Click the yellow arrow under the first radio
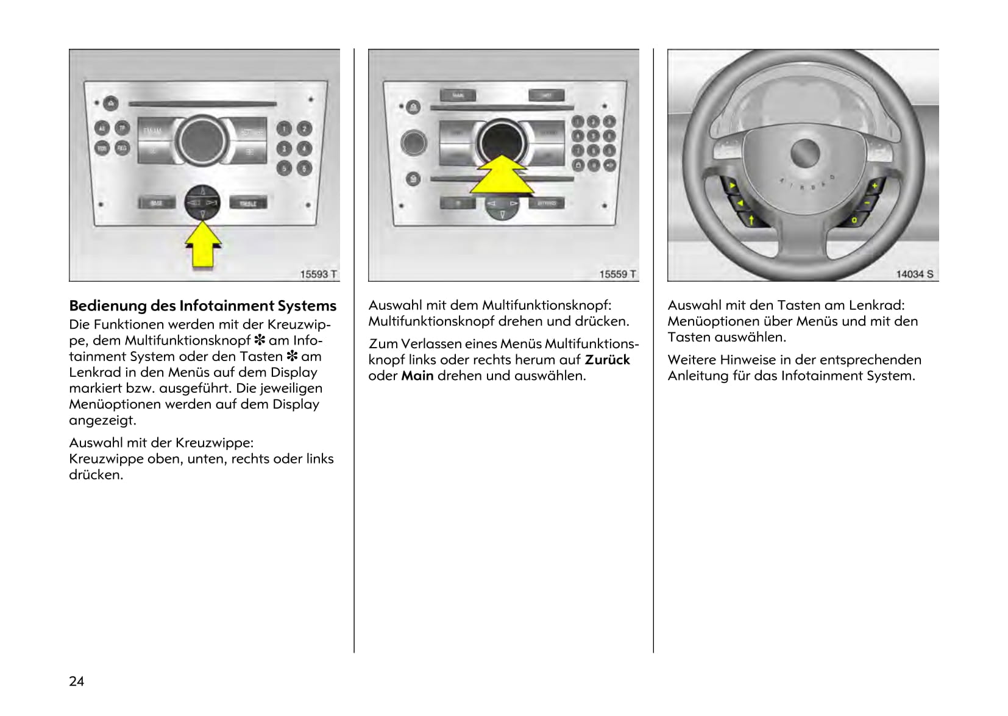click(x=203, y=246)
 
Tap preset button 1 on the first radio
click(x=283, y=129)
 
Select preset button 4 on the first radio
click(x=304, y=148)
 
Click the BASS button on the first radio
click(x=156, y=202)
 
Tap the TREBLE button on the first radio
click(x=248, y=203)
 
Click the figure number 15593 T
click(x=318, y=274)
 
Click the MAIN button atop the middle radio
click(x=458, y=96)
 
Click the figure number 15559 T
click(x=617, y=274)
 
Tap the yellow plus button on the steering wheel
click(x=875, y=185)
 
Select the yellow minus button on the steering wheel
click(x=867, y=202)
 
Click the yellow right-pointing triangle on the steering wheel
click(x=732, y=185)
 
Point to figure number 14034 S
click(x=914, y=274)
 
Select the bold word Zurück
click(x=607, y=360)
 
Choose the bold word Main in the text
click(x=417, y=376)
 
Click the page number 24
click(x=77, y=681)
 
